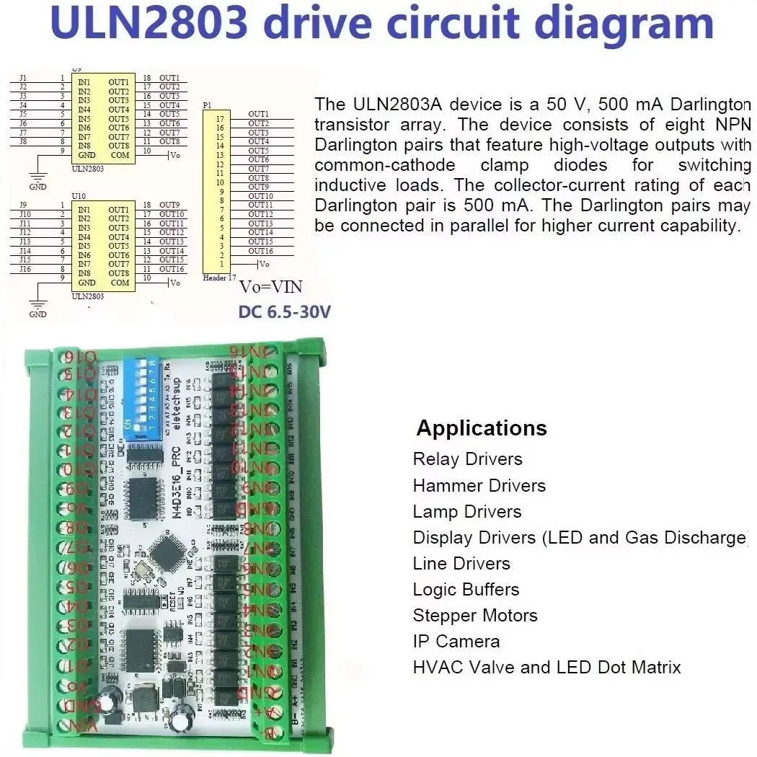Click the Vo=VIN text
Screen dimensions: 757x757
pos(271,287)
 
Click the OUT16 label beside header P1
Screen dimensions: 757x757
pos(260,251)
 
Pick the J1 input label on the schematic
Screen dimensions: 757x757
pos(23,78)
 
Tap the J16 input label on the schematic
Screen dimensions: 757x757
pos(25,269)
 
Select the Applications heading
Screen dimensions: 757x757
pos(482,428)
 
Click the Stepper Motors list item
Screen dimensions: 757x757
pos(475,616)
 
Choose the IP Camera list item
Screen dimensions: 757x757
pos(456,642)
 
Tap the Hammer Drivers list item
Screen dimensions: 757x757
pos(479,486)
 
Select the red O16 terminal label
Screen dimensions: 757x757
pos(79,356)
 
